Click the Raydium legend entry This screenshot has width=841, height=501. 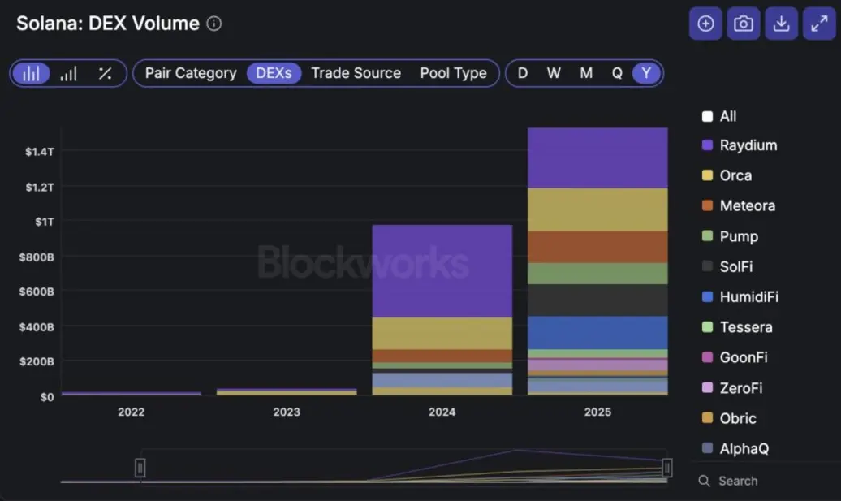coord(748,145)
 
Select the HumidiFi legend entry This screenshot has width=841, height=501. coord(748,297)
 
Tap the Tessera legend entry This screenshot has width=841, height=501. coord(745,327)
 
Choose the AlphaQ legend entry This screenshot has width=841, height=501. coord(744,448)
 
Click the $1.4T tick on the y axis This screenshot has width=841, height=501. coord(39,152)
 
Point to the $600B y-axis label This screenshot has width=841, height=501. coord(37,292)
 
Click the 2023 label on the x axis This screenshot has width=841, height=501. coord(287,412)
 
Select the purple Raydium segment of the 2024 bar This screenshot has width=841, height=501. coord(442,270)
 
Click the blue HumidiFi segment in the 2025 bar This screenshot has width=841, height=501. coord(597,332)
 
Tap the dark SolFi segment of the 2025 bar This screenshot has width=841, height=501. coord(597,300)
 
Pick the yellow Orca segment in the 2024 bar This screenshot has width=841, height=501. coord(442,333)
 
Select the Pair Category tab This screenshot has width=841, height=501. coord(191,73)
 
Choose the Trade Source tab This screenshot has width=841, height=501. coord(356,73)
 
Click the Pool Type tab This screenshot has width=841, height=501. coord(453,73)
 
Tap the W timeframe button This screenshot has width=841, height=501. coord(554,73)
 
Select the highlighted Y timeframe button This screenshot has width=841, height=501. coord(646,73)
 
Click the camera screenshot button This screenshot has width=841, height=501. coord(743,24)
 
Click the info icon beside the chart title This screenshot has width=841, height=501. coord(214,24)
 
